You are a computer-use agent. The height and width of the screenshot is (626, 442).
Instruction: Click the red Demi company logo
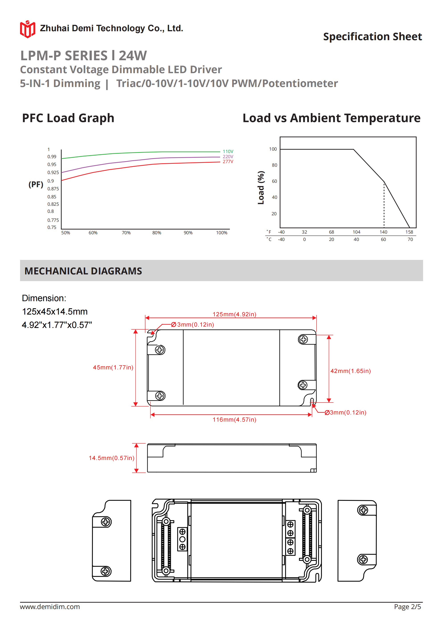click(x=27, y=29)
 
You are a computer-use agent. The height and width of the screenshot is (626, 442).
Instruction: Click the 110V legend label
click(x=228, y=151)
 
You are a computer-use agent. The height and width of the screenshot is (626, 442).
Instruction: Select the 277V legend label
click(x=228, y=161)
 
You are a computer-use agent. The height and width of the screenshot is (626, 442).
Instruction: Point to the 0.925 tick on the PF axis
click(x=53, y=172)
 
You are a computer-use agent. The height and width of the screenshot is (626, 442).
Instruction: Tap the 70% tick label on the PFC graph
click(x=126, y=232)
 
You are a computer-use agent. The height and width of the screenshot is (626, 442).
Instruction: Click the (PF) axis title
click(x=36, y=184)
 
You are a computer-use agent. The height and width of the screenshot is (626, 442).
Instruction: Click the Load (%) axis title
click(x=261, y=188)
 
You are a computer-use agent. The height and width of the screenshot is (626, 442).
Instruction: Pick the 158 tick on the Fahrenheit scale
click(x=409, y=232)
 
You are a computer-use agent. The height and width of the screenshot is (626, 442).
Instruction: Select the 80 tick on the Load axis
click(x=274, y=165)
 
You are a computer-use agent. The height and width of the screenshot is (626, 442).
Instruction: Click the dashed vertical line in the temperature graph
click(x=384, y=205)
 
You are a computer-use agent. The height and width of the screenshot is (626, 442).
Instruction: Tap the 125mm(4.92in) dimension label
click(x=234, y=314)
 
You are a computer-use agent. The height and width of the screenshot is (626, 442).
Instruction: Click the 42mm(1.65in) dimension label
click(x=350, y=371)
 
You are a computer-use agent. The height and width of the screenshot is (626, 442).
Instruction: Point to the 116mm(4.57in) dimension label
click(x=234, y=419)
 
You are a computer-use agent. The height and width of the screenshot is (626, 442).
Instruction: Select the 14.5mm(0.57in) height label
click(x=111, y=458)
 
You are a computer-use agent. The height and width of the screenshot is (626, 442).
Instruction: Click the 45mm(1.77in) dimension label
click(x=113, y=367)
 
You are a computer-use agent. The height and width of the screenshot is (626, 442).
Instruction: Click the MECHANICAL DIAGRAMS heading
click(x=83, y=271)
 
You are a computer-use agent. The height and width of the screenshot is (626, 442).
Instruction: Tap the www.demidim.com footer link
click(x=50, y=606)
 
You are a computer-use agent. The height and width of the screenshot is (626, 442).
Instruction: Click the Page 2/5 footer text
click(x=407, y=606)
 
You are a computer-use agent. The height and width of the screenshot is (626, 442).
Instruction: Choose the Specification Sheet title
click(x=372, y=37)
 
